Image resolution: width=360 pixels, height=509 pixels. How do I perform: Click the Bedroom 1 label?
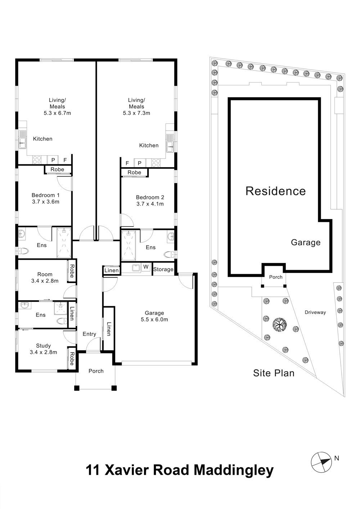click(45, 195)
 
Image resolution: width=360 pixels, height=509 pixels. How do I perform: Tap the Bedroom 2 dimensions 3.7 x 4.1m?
click(150, 204)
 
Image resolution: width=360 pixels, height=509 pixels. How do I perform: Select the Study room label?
click(43, 346)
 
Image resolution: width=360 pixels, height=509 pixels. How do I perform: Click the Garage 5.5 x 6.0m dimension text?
click(154, 319)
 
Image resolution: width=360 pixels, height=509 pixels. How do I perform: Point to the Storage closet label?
click(163, 269)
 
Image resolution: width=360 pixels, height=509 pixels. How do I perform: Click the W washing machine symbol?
click(146, 267)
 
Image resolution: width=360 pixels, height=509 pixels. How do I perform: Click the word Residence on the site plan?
click(275, 191)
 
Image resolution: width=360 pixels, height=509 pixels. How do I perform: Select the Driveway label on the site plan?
click(315, 313)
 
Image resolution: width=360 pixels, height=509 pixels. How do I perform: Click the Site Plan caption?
click(274, 373)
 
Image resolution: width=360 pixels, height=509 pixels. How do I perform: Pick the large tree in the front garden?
click(279, 324)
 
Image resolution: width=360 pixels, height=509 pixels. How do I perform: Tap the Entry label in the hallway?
click(89, 334)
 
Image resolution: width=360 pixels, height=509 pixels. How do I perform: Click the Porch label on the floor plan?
click(96, 371)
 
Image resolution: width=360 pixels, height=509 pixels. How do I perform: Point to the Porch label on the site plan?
click(276, 277)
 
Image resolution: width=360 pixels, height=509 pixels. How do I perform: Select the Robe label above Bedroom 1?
click(57, 169)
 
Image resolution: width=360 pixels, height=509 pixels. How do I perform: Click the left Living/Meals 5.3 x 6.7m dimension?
click(57, 113)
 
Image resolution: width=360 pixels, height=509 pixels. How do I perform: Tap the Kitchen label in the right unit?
click(149, 145)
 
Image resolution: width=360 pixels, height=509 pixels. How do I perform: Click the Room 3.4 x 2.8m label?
click(45, 277)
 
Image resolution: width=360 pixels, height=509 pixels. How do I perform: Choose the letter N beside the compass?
click(337, 458)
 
